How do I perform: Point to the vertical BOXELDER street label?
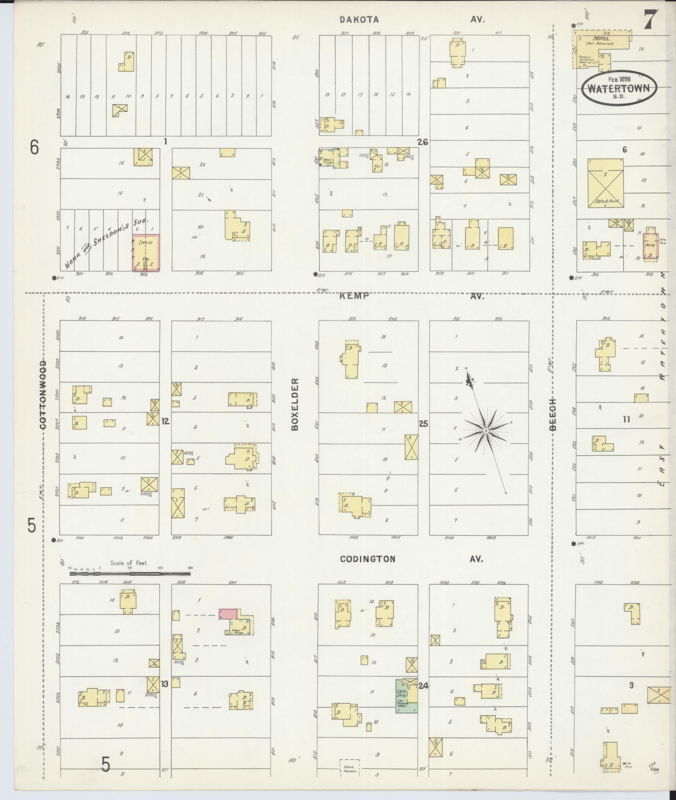tap(295, 404)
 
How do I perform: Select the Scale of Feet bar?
tap(130, 574)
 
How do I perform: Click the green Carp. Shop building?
tap(406, 696)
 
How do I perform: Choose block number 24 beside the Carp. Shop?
tap(423, 686)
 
